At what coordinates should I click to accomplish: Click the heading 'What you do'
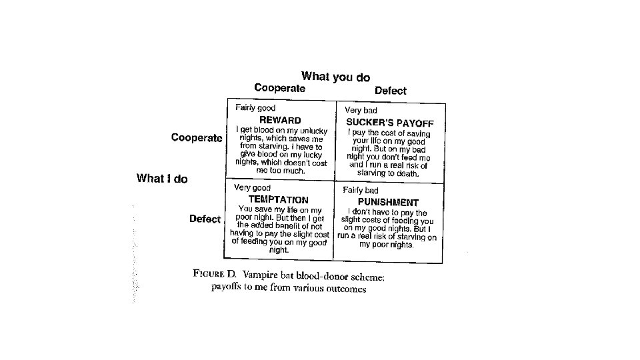click(x=335, y=77)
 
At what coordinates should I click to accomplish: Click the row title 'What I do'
click(x=162, y=178)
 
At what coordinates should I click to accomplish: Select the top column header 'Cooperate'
click(x=280, y=88)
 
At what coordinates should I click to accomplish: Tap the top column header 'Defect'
click(x=390, y=90)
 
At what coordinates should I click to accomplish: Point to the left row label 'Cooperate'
click(x=197, y=138)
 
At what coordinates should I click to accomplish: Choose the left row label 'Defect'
click(x=205, y=219)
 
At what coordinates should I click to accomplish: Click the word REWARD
click(x=280, y=120)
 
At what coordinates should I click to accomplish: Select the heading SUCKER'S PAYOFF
click(x=390, y=123)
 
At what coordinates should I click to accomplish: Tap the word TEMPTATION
click(x=278, y=199)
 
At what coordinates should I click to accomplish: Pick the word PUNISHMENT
click(x=388, y=202)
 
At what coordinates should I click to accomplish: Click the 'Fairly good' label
click(x=255, y=107)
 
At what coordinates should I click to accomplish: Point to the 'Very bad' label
click(x=361, y=110)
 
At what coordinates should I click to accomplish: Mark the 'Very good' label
click(x=252, y=188)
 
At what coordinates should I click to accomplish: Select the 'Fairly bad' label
click(x=361, y=191)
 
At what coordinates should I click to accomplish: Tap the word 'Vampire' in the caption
click(x=261, y=274)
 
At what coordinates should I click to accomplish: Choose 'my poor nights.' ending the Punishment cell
click(x=387, y=245)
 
